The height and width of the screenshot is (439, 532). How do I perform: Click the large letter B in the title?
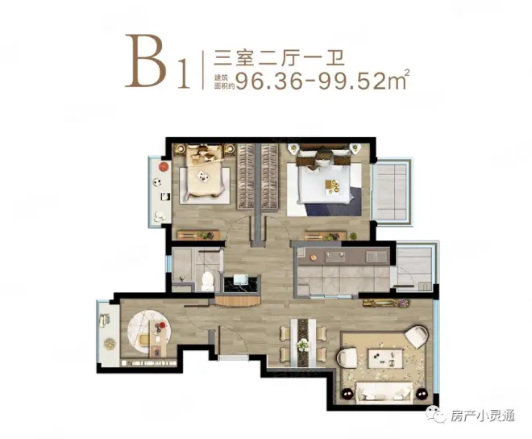click(x=147, y=61)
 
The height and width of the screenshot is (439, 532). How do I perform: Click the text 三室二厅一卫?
click(x=279, y=58)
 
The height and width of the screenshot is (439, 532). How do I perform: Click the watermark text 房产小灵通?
click(x=483, y=416)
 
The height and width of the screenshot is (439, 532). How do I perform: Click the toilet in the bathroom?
click(x=208, y=280)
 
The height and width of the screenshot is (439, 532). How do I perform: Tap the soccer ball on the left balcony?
click(x=156, y=182)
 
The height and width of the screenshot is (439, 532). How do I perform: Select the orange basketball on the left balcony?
click(x=164, y=166)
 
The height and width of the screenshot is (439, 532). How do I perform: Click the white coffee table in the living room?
click(x=386, y=357)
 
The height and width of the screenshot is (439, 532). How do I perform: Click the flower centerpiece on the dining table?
click(x=303, y=345)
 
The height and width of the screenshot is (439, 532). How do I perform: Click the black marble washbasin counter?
click(x=242, y=284)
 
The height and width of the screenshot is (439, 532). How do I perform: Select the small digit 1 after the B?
click(x=184, y=73)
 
